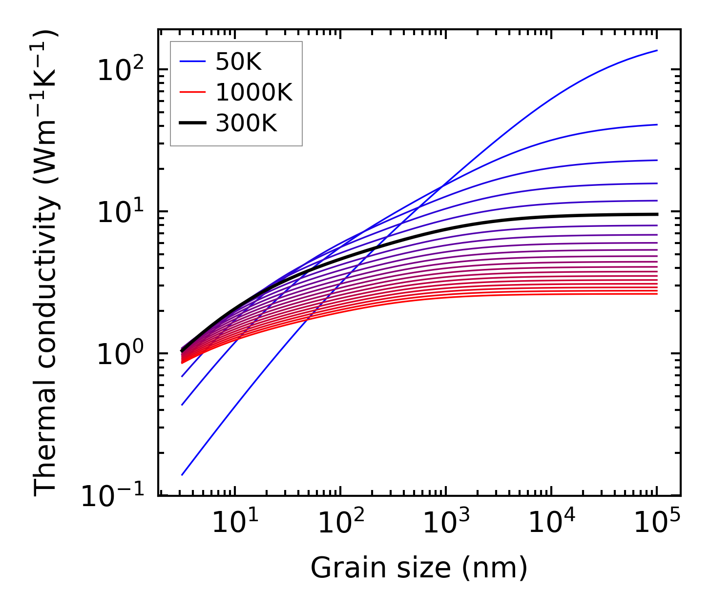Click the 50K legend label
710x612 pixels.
(x=238, y=62)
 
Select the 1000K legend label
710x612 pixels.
(x=254, y=93)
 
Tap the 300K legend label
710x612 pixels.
(x=246, y=124)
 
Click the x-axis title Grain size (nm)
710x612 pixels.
(x=419, y=568)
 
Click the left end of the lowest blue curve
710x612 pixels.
(x=182, y=475)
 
